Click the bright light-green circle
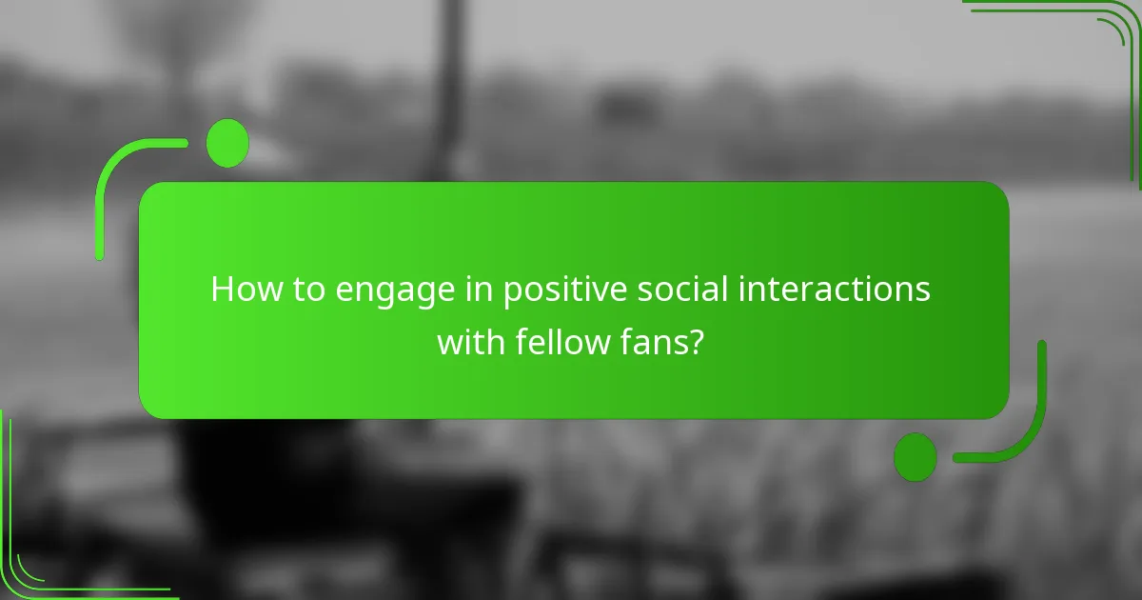click(227, 143)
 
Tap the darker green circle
click(916, 456)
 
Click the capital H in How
click(222, 290)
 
